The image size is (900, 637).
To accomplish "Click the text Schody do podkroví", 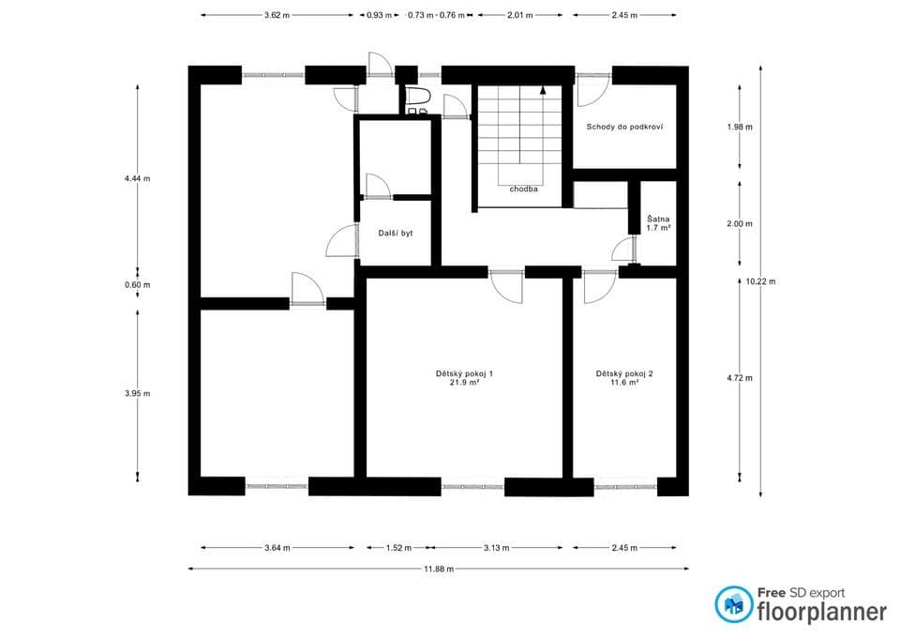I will [625, 127].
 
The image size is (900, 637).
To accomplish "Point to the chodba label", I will [523, 189].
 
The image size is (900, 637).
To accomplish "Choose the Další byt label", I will [395, 232].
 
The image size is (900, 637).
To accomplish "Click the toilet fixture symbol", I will [417, 97].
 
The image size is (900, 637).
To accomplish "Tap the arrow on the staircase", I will [543, 90].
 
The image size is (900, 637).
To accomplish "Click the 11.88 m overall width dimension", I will [439, 569].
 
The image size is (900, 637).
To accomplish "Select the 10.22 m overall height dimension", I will [761, 281].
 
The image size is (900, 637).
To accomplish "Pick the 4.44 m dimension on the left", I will [138, 178].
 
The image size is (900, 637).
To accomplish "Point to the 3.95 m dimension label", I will [138, 393].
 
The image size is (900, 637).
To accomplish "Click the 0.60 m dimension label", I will [138, 285].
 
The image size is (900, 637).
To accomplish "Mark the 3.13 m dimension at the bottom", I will [496, 548].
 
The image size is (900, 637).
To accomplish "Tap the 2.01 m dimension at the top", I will [519, 16].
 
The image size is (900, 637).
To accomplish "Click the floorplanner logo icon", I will [733, 605].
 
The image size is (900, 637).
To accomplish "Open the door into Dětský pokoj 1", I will [507, 285].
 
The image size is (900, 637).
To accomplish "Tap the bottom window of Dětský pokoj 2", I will [625, 487].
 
